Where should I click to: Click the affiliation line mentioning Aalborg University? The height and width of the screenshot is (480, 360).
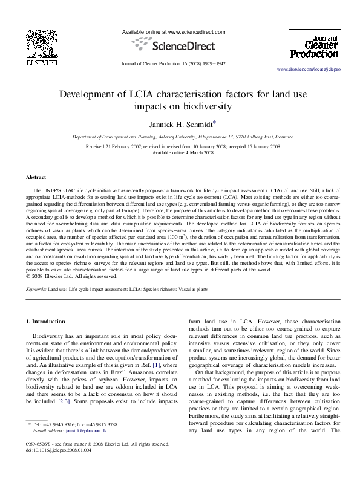tap(179, 137)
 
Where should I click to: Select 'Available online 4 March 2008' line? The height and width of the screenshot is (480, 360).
tap(179, 152)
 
